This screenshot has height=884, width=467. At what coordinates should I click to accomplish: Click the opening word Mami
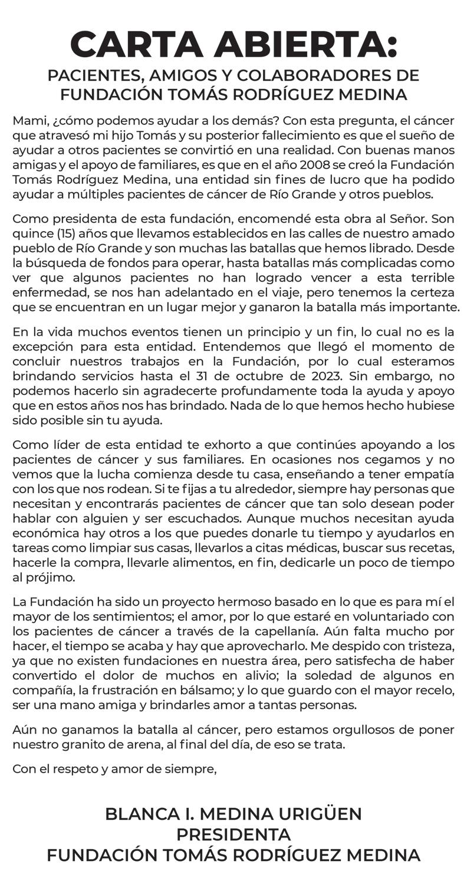(x=29, y=121)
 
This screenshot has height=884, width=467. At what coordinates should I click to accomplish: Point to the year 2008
(x=314, y=165)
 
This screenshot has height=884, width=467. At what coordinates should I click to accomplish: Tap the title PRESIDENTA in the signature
(x=233, y=835)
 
